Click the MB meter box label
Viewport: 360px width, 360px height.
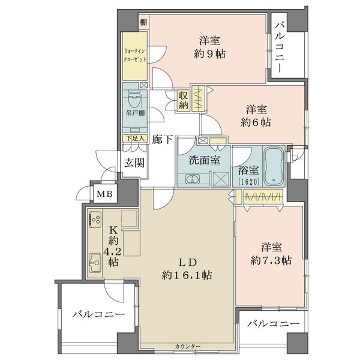point(104,194)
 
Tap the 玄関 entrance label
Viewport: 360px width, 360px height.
point(134,163)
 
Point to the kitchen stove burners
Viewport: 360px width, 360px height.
point(95,220)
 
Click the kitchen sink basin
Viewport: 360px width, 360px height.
point(95,263)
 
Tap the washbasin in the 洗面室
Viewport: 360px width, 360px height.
point(193,179)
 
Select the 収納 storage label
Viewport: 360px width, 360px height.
point(184,101)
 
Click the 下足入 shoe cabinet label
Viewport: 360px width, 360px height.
point(136,139)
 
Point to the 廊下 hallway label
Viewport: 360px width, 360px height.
point(163,139)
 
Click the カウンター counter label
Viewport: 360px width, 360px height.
point(188,346)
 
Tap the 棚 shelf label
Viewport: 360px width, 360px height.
point(143,22)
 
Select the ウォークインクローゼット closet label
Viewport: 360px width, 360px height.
point(135,55)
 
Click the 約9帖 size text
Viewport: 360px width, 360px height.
point(209,54)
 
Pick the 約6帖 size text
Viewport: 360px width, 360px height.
point(256,122)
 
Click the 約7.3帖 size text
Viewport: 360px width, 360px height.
point(271,260)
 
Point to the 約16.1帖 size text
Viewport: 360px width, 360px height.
point(187,275)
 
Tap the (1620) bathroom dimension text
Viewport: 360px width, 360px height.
point(248,182)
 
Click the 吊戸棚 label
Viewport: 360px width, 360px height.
point(135,113)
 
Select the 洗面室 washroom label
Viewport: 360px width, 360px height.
point(205,160)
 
